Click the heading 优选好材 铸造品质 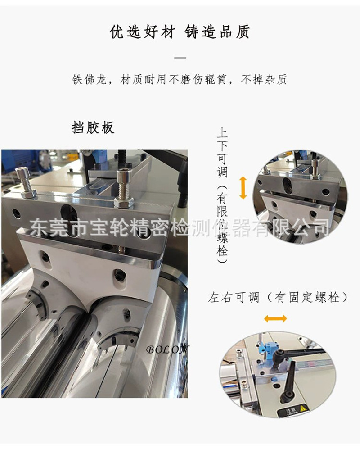[180, 32]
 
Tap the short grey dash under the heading [180, 58]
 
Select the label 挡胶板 [93, 127]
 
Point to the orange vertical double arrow [243, 188]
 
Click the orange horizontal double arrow [275, 319]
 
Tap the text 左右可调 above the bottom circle [234, 298]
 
